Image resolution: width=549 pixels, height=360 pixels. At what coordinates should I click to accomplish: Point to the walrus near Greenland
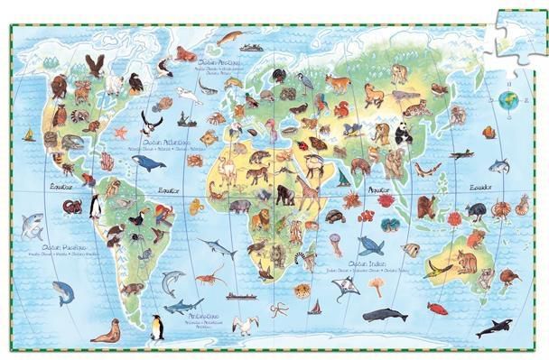click(184, 54)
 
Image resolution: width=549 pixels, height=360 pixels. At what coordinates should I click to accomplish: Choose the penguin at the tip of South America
click(157, 327)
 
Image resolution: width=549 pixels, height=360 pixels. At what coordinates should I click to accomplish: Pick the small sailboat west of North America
click(27, 135)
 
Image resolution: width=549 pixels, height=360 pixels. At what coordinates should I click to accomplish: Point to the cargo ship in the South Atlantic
click(238, 295)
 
